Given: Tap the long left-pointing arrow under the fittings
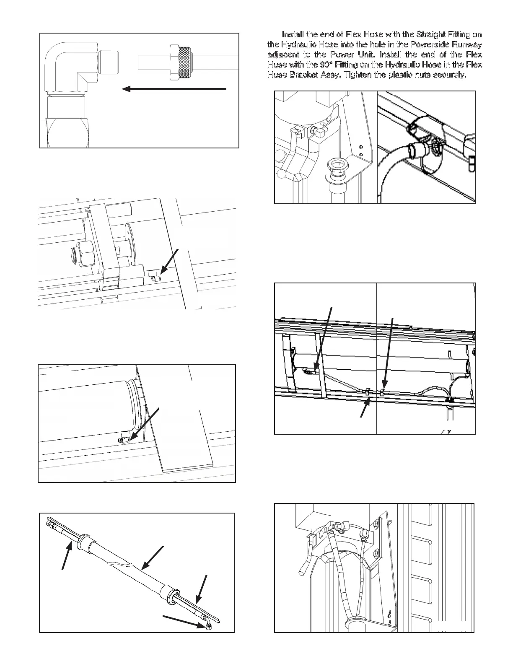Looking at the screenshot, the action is coord(174,89).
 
